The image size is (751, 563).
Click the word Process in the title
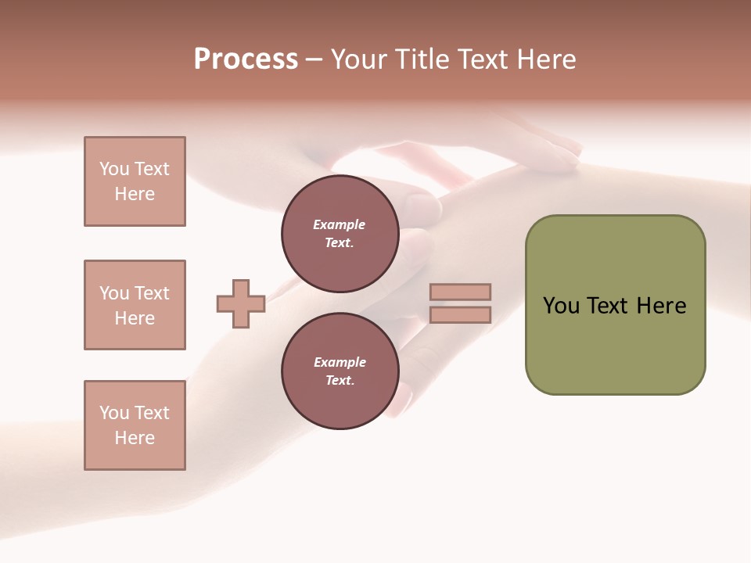[x=246, y=59]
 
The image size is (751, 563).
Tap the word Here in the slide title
[x=545, y=59]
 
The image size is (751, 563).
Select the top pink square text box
[x=135, y=181]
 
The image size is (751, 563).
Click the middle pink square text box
[x=135, y=305]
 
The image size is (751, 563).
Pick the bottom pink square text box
[x=135, y=425]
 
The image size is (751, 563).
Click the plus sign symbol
[x=241, y=303]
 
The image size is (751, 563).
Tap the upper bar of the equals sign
[x=460, y=292]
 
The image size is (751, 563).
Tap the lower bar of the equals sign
[x=460, y=314]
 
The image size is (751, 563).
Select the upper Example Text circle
[x=340, y=233]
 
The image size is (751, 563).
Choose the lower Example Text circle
[x=340, y=371]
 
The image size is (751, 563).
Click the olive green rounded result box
[x=615, y=305]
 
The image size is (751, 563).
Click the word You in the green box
[x=561, y=306]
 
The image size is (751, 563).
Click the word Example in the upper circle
[x=340, y=224]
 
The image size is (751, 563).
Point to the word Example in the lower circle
[x=340, y=362]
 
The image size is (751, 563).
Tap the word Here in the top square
[x=135, y=194]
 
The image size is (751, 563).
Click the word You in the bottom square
[x=114, y=413]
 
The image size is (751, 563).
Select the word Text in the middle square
[x=152, y=293]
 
